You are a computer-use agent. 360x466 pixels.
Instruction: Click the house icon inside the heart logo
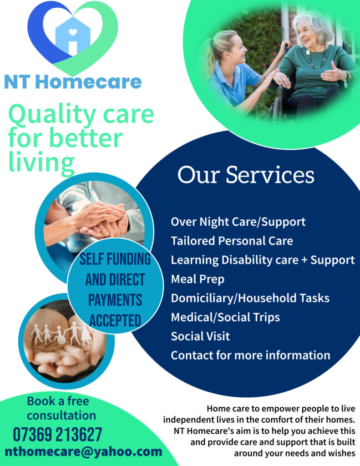click(73, 36)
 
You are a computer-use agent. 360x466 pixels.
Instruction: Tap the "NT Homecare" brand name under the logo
click(73, 82)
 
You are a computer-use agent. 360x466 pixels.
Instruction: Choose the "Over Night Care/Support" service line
click(238, 222)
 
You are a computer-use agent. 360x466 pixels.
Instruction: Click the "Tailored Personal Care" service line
click(232, 241)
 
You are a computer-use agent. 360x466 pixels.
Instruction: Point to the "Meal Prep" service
click(198, 279)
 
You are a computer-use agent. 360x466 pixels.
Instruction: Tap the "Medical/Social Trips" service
click(225, 317)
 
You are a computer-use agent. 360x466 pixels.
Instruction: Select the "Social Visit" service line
click(200, 336)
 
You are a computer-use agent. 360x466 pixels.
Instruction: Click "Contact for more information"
click(251, 355)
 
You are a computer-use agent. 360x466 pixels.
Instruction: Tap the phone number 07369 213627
click(58, 435)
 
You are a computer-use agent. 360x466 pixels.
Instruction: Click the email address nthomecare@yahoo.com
click(84, 451)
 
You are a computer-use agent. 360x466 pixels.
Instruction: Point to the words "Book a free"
click(58, 401)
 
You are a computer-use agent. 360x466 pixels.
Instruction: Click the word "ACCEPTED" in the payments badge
click(115, 321)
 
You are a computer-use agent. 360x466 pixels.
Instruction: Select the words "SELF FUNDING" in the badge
click(115, 259)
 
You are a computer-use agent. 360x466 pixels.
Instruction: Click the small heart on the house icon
click(73, 31)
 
